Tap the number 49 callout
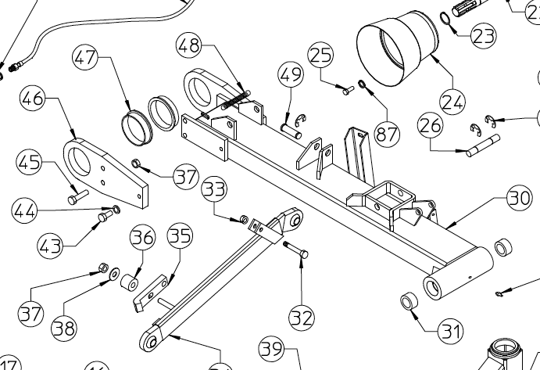click(291, 76)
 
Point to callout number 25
click(320, 56)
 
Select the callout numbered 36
click(142, 236)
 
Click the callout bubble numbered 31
click(449, 332)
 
